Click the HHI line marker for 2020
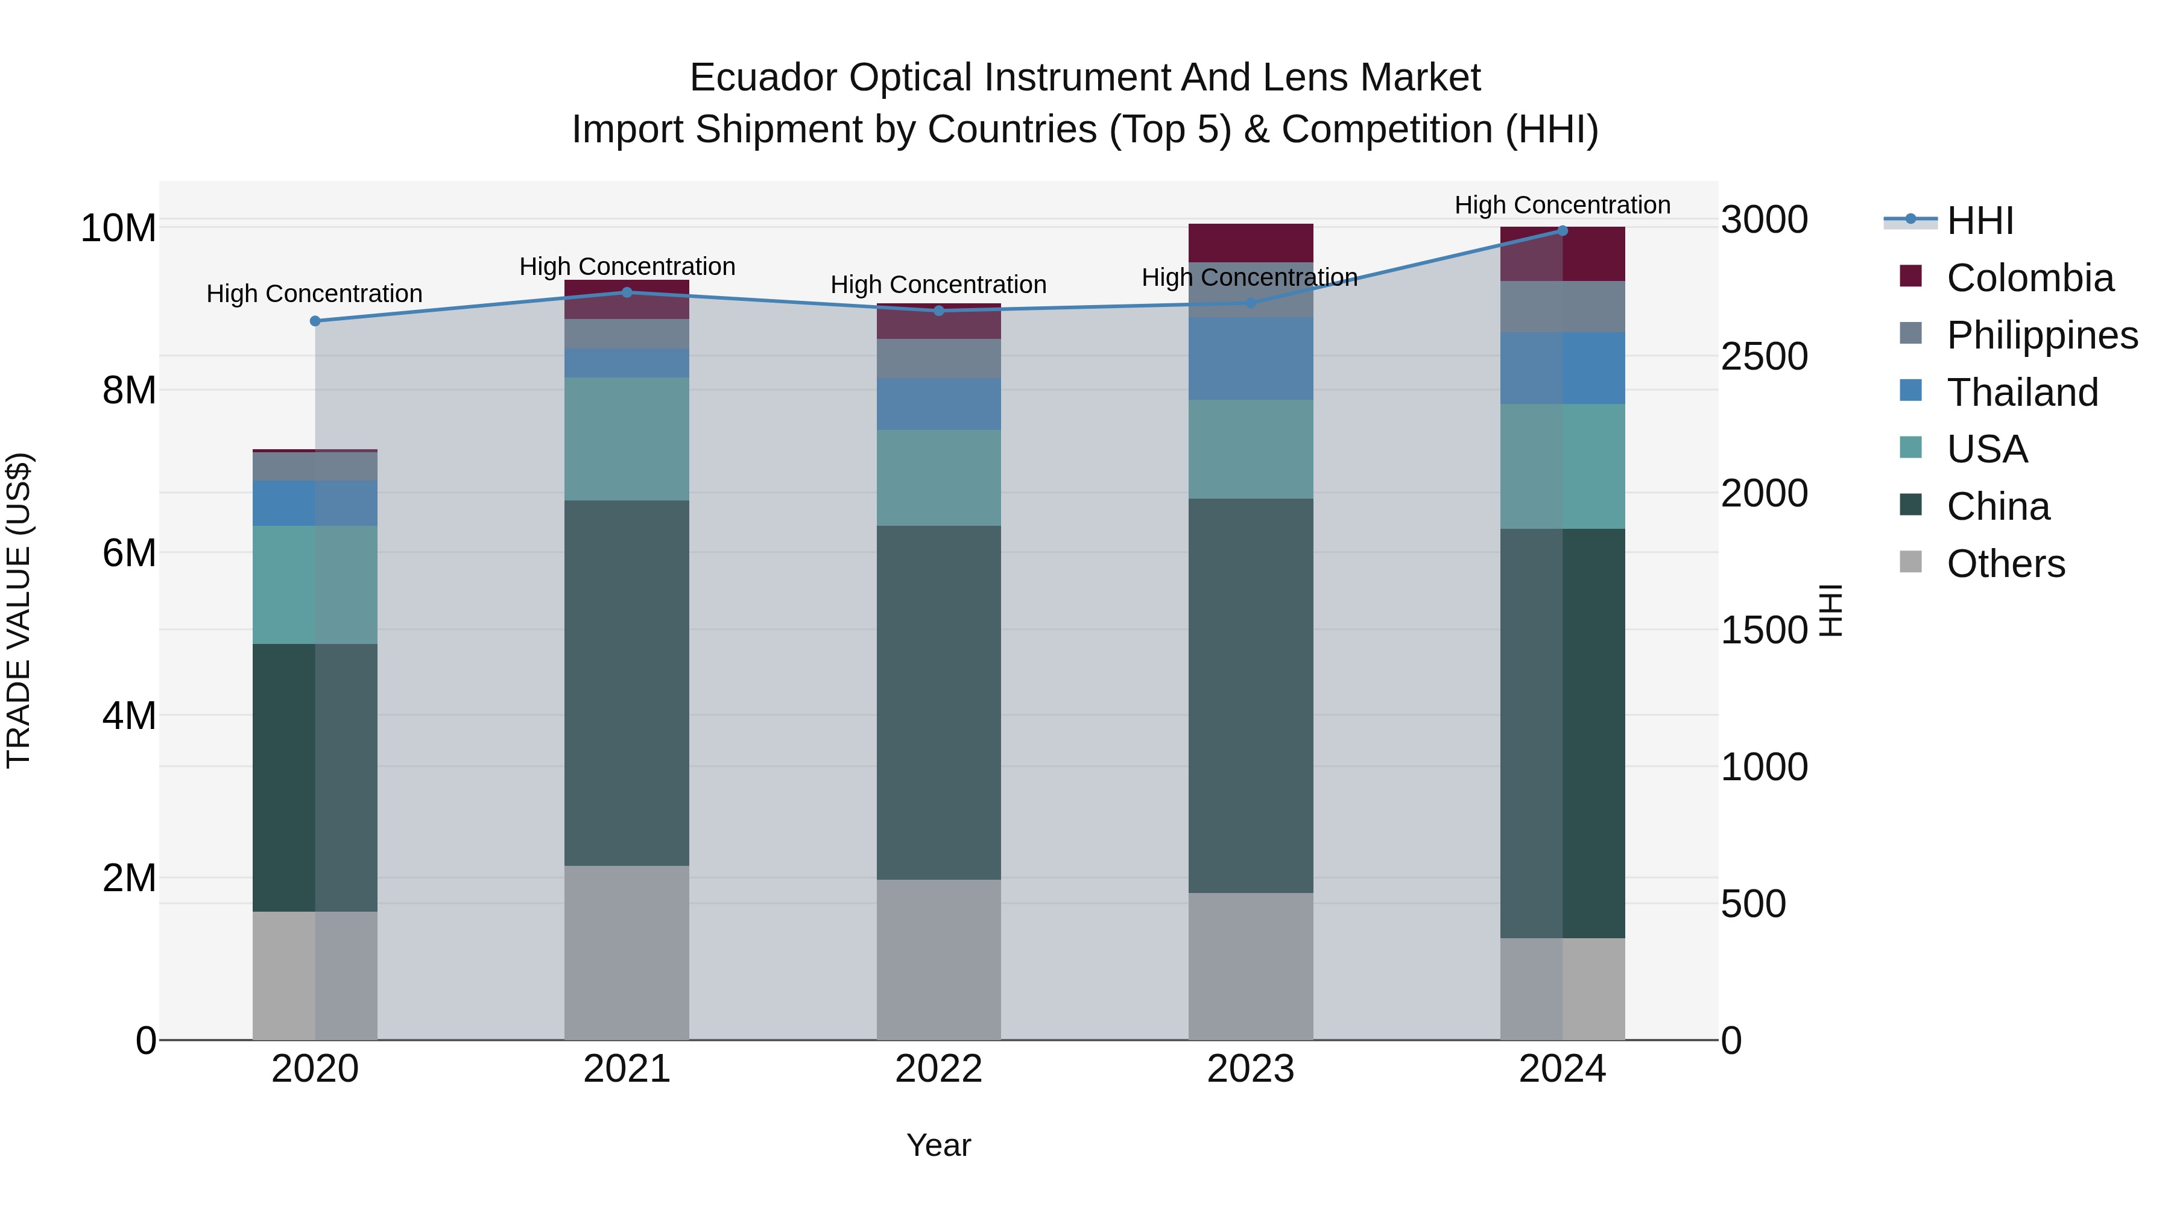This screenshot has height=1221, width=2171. point(315,321)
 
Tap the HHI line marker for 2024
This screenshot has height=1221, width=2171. point(1562,231)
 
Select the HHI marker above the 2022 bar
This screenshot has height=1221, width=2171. point(939,311)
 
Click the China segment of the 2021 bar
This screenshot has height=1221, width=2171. point(626,683)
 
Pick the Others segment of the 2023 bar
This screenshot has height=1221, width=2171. point(1250,966)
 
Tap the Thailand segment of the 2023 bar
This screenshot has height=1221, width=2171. point(1250,358)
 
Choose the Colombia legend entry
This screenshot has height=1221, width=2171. point(2029,278)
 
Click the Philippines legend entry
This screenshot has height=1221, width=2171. point(2041,335)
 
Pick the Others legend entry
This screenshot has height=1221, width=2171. point(2005,564)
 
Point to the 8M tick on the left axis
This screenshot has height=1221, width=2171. point(129,390)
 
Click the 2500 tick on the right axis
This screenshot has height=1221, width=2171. point(1763,356)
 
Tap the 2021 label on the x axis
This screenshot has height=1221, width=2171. point(626,1069)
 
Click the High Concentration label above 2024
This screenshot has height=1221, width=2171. point(1562,205)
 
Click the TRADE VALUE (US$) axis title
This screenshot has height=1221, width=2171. point(19,610)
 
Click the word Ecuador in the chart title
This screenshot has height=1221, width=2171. point(763,78)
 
